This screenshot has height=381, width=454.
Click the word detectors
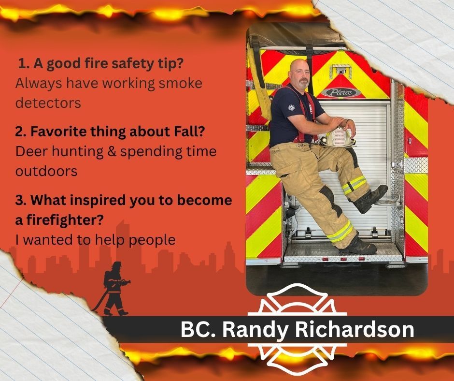coord(48,103)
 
